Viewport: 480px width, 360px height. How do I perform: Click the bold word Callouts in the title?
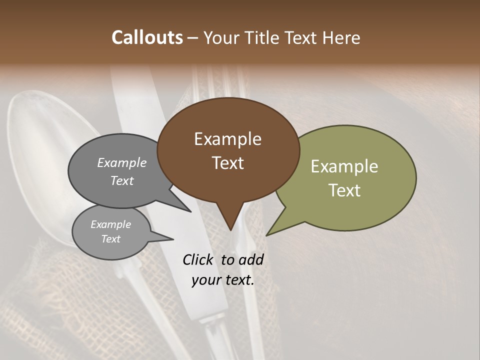coord(147,37)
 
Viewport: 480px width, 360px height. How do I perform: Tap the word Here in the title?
coord(341,37)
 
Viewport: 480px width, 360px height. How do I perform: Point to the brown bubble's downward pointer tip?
coord(230,229)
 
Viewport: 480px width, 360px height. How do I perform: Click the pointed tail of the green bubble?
coord(268,234)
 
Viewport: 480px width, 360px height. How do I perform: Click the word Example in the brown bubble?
coord(227,139)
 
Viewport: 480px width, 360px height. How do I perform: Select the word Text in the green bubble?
coord(345,190)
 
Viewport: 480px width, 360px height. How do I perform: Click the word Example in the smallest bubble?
coord(111,224)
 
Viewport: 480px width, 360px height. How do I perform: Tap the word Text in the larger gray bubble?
coord(121,180)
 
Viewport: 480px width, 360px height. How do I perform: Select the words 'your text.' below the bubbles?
coord(223,280)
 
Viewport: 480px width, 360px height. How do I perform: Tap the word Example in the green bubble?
coord(344,166)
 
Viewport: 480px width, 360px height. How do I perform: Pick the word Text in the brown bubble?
coord(227,163)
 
